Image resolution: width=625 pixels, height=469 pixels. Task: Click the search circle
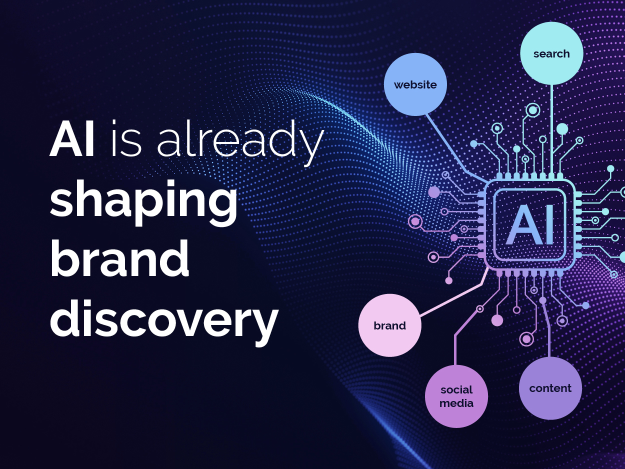coord(551,53)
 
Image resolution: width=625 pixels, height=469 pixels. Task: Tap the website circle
coord(415,84)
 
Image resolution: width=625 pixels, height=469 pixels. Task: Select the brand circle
coord(390,325)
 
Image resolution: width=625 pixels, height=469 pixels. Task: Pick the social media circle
coord(456,396)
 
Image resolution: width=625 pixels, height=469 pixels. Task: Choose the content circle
coord(550,388)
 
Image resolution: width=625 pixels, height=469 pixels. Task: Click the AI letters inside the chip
coord(530,225)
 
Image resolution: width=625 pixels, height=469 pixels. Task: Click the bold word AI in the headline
coord(72,138)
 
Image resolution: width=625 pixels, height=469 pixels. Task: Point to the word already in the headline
coord(240,142)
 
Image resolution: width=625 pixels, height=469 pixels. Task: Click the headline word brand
coord(119,258)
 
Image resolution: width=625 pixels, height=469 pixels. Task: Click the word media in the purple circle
coord(456,403)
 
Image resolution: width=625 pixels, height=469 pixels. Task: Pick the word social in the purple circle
coord(456,390)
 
